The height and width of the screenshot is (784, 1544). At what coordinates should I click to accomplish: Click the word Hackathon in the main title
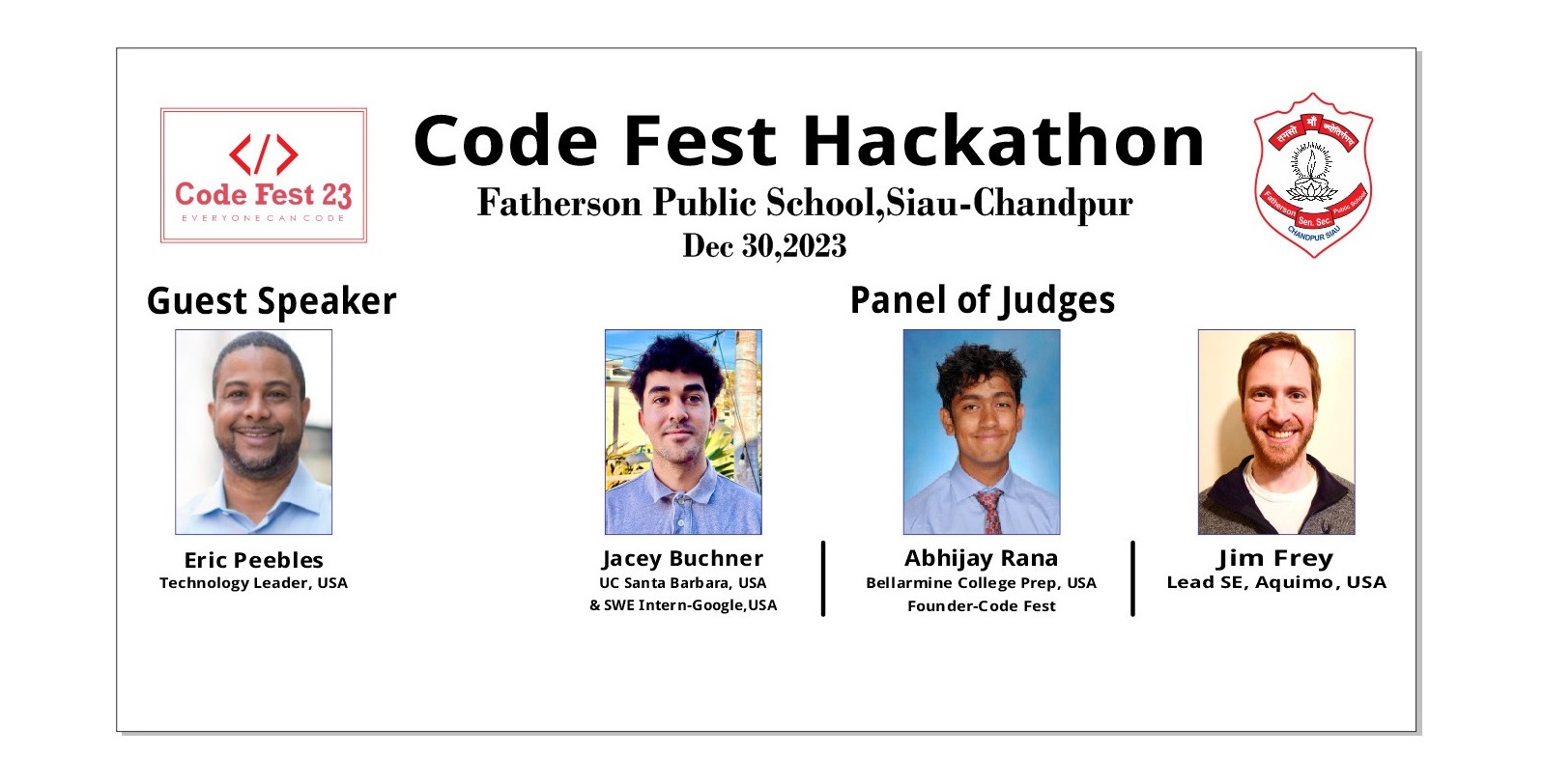(1004, 140)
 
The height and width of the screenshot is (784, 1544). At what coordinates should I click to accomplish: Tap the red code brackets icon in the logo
(264, 154)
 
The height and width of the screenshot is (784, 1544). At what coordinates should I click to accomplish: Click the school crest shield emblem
(1313, 175)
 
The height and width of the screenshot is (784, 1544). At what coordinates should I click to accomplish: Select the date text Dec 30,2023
(764, 246)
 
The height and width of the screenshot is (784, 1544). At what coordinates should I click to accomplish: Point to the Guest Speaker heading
(272, 301)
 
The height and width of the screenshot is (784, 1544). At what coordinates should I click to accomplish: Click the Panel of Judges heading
(983, 300)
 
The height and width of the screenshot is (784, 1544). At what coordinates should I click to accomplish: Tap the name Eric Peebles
(254, 559)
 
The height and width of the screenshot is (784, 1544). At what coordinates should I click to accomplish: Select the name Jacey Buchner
(682, 558)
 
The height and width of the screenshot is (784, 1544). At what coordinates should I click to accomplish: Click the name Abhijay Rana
(981, 558)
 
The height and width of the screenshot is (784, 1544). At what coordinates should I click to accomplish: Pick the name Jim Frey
(1275, 558)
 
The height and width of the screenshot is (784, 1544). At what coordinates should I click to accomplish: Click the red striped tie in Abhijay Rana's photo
(989, 511)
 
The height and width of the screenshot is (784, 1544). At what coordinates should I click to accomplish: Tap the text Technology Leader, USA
(254, 583)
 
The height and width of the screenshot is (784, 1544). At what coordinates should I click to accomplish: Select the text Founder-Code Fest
(982, 605)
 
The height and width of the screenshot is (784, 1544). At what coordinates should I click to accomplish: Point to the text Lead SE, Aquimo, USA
(1276, 582)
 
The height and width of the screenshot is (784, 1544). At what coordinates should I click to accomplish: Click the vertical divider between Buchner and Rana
(823, 578)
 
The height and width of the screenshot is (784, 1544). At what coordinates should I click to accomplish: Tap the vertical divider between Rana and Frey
(1132, 578)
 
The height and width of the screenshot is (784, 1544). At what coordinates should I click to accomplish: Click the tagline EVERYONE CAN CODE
(264, 218)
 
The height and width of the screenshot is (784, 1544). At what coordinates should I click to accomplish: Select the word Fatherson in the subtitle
(559, 203)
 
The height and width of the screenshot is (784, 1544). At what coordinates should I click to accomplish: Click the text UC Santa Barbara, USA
(682, 583)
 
